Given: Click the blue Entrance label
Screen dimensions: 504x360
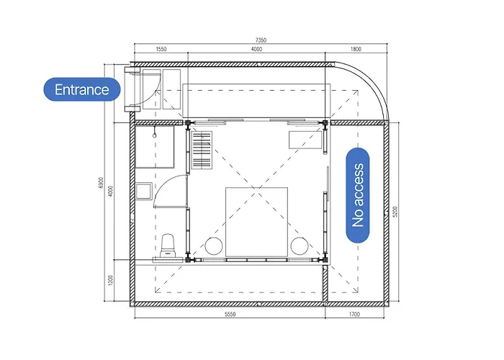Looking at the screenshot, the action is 82,89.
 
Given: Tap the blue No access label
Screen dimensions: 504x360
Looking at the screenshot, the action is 357,195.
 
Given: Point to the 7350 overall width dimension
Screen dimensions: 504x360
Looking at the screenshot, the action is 261,40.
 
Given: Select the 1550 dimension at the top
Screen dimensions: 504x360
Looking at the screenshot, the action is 161,49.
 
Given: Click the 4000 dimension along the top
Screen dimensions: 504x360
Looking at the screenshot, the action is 256,49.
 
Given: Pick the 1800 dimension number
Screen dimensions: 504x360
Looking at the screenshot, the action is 356,49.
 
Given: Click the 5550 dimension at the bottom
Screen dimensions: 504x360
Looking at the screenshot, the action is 230,314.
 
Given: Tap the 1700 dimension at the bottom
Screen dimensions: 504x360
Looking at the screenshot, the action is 354,314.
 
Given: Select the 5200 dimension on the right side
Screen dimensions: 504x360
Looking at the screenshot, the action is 395,212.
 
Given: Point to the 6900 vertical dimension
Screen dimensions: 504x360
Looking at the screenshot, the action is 102,182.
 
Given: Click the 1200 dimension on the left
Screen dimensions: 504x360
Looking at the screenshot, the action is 111,280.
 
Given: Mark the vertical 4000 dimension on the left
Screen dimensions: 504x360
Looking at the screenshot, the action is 111,191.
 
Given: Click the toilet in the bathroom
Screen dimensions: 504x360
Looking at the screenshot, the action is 168,246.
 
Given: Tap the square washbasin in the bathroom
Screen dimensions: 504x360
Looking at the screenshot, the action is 144,192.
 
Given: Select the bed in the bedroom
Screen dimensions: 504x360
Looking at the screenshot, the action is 256,222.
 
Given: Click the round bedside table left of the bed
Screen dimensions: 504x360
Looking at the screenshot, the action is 214,246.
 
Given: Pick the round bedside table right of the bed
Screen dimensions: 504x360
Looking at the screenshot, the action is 300,246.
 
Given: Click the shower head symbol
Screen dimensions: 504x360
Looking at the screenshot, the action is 155,133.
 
